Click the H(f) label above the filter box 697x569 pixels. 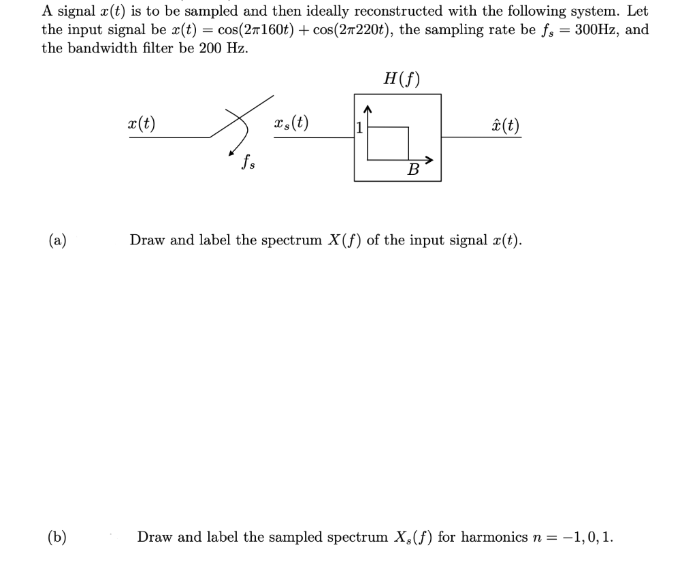[402, 80]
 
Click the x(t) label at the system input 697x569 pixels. [142, 124]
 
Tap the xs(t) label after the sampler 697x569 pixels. [291, 124]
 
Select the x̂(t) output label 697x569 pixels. [504, 125]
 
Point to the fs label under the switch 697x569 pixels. [248, 163]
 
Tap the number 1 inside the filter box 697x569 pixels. [359, 127]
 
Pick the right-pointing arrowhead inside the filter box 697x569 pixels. [428, 160]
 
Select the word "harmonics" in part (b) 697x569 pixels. [491, 537]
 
